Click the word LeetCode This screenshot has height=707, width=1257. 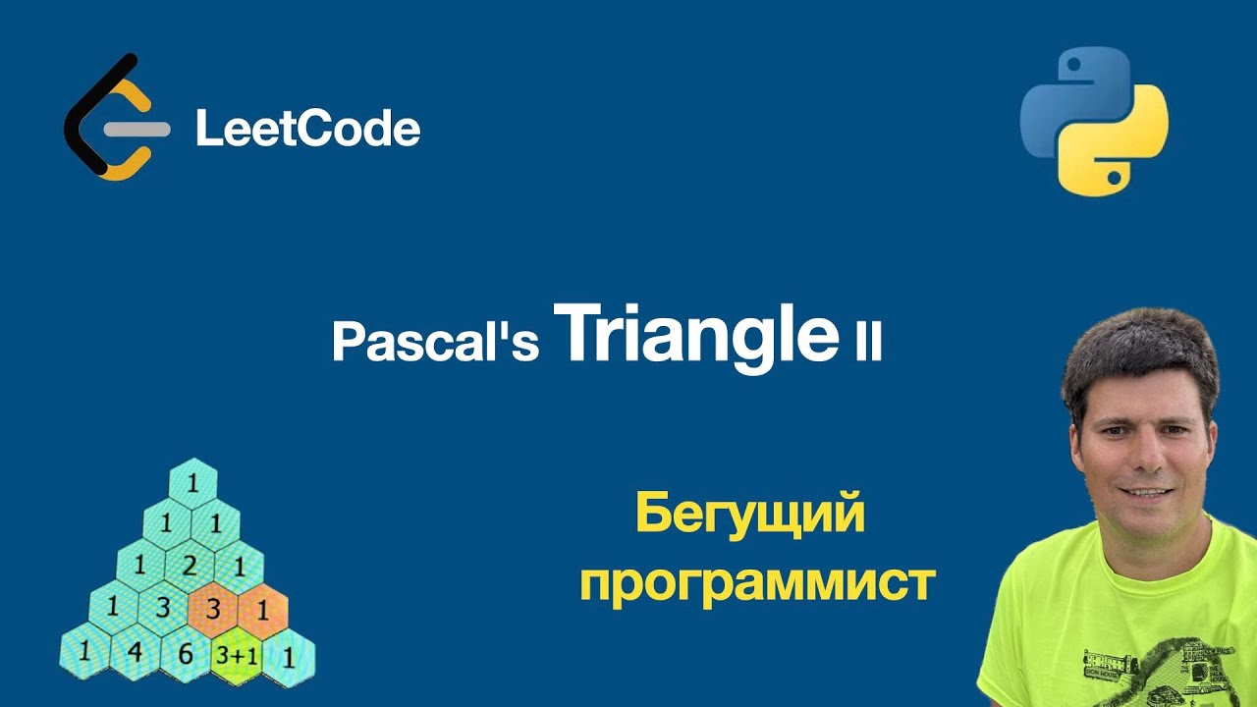pyautogui.click(x=307, y=129)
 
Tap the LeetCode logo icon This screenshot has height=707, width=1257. pyautogui.click(x=110, y=118)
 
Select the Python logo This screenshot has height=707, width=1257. pyautogui.click(x=1094, y=121)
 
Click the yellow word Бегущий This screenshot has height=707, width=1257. pyautogui.click(x=750, y=515)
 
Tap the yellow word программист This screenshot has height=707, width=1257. pyautogui.click(x=757, y=582)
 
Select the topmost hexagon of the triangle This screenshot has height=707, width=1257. pyautogui.click(x=192, y=483)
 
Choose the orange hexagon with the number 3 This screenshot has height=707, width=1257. pyautogui.click(x=213, y=610)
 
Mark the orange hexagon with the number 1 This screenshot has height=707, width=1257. pyautogui.click(x=262, y=610)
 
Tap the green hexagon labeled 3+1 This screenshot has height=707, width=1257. pyautogui.click(x=237, y=653)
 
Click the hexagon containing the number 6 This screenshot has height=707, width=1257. pyautogui.click(x=185, y=653)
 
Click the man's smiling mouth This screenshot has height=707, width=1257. pyautogui.click(x=1145, y=492)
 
